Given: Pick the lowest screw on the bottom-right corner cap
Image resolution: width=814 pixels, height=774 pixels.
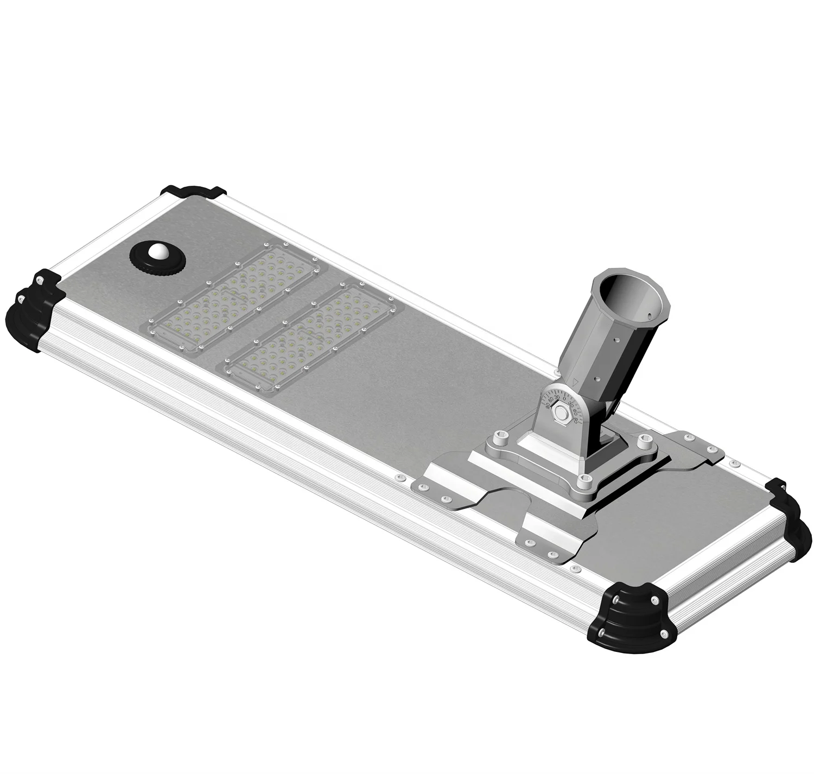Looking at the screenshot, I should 663,634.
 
